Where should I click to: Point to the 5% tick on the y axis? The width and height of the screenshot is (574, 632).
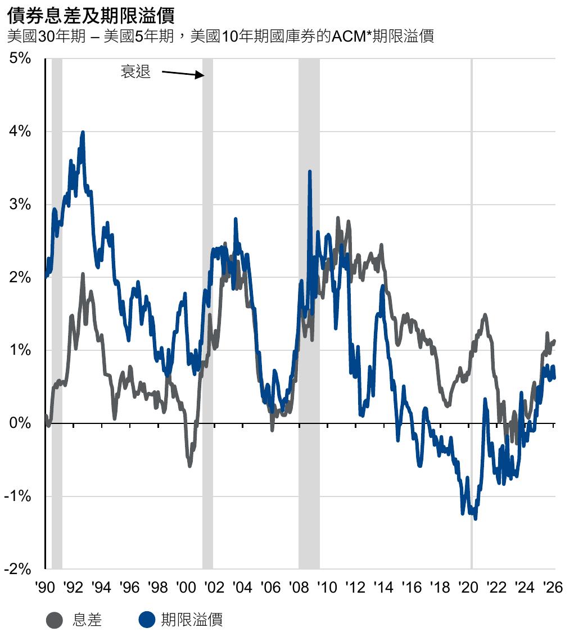[x=20, y=58]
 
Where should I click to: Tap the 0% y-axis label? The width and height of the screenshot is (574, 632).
[x=20, y=423]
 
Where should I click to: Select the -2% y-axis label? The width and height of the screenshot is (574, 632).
[x=18, y=569]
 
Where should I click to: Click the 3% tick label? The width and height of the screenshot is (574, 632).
[x=20, y=204]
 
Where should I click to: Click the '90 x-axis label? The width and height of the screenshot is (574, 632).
[x=45, y=588]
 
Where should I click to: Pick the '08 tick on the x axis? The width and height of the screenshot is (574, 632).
[x=299, y=588]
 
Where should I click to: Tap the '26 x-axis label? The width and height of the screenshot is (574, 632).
[x=553, y=588]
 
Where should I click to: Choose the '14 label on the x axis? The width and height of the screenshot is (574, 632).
[x=383, y=588]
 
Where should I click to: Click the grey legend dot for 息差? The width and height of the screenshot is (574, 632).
[x=55, y=620]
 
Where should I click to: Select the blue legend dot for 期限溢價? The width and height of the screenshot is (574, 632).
[x=147, y=620]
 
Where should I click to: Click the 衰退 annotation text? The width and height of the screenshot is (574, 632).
[x=135, y=72]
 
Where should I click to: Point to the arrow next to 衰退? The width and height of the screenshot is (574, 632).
[x=183, y=74]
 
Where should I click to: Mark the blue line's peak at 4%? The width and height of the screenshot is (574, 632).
[x=83, y=132]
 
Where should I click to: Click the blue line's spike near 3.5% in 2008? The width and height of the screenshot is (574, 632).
[x=310, y=171]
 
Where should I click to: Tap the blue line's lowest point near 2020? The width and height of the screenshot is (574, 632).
[x=476, y=519]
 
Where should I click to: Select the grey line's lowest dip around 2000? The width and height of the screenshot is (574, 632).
[x=190, y=466]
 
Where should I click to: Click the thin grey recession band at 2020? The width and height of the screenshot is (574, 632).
[x=471, y=314]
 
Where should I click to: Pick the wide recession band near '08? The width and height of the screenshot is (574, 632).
[x=309, y=314]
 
